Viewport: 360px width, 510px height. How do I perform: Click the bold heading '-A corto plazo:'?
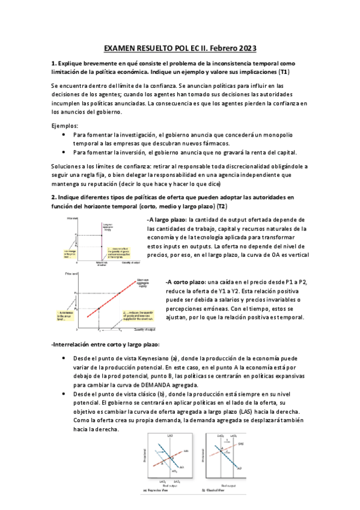pos(185,282)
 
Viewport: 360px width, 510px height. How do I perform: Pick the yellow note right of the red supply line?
pos(138,315)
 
